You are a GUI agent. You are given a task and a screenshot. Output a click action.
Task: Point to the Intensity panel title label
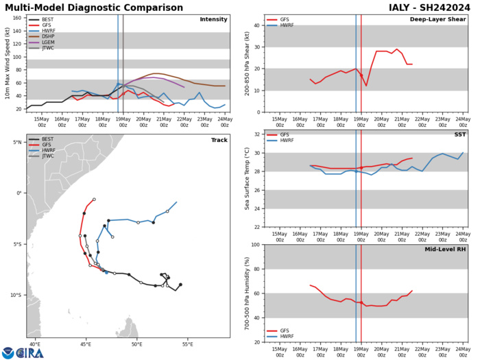(213, 19)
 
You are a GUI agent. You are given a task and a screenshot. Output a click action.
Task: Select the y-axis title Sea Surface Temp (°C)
(239, 180)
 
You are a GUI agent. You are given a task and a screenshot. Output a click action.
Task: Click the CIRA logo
(23, 352)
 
